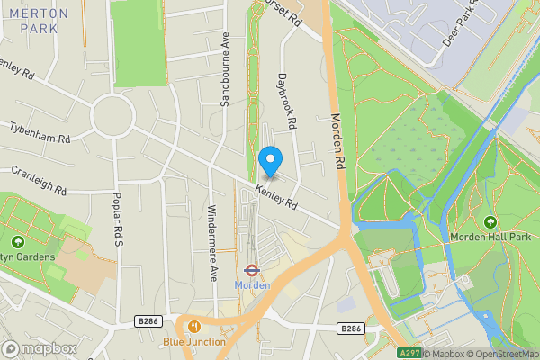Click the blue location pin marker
click(270, 161)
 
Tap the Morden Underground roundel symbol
click(252, 269)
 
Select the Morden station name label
click(252, 285)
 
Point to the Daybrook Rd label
click(287, 99)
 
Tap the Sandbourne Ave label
click(226, 69)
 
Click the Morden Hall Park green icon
click(490, 222)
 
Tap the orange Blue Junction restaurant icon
click(193, 326)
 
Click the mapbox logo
click(39, 348)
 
